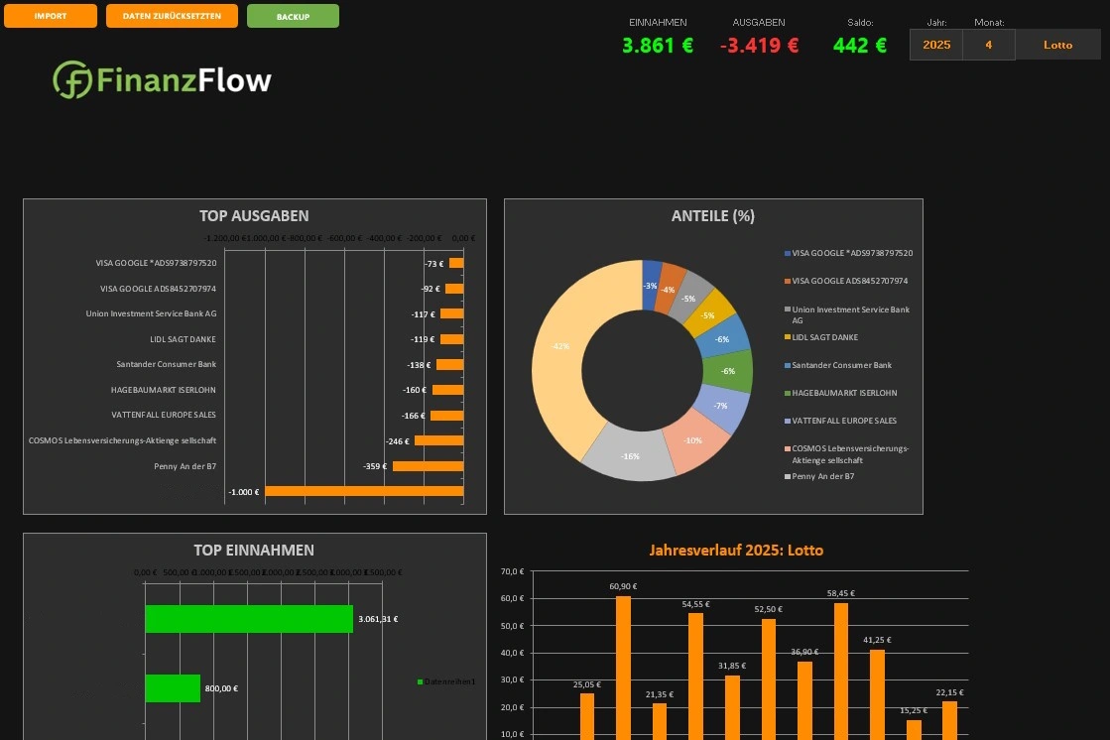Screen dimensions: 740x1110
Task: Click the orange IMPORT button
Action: (x=51, y=16)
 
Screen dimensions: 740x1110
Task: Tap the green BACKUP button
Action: (x=293, y=16)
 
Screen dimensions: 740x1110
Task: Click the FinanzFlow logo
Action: (x=163, y=80)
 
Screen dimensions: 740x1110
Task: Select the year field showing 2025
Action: (x=936, y=45)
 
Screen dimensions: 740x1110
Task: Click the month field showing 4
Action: (x=988, y=45)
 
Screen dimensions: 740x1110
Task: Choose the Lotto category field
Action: (x=1057, y=45)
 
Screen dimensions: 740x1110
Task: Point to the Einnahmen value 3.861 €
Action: (x=658, y=45)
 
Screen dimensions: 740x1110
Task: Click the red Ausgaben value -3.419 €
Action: (x=759, y=45)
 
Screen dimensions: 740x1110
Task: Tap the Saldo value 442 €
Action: (x=859, y=45)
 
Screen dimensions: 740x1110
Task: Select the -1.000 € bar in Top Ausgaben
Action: (x=363, y=491)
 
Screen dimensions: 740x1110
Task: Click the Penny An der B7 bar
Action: (x=428, y=465)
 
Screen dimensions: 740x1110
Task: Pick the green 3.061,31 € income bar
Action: (x=248, y=619)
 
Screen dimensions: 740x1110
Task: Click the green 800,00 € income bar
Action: (x=173, y=688)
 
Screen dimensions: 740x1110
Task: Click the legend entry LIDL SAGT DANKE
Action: (x=824, y=337)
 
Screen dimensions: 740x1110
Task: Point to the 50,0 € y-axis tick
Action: (x=512, y=626)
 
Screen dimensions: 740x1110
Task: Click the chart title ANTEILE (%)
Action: (x=713, y=215)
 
